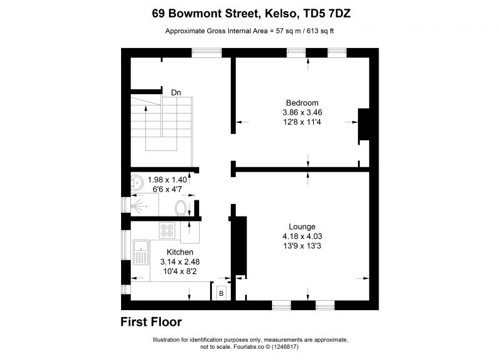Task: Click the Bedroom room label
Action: tap(302, 103)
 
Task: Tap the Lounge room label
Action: tap(302, 226)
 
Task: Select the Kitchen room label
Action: tap(180, 252)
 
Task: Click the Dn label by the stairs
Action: tap(176, 92)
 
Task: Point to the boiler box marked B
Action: tap(221, 293)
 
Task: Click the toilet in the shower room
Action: tap(181, 208)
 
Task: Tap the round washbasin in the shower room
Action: tap(137, 182)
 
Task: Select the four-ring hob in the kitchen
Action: tap(167, 231)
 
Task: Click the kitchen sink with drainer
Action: tap(141, 253)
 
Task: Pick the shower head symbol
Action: tap(137, 207)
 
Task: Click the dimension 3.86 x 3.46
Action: tap(302, 112)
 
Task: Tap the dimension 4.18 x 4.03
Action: tap(302, 236)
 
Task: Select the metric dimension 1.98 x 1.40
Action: tap(167, 180)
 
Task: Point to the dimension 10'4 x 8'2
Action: tap(180, 271)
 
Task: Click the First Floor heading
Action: tap(151, 322)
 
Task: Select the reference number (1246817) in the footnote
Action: tap(284, 347)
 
